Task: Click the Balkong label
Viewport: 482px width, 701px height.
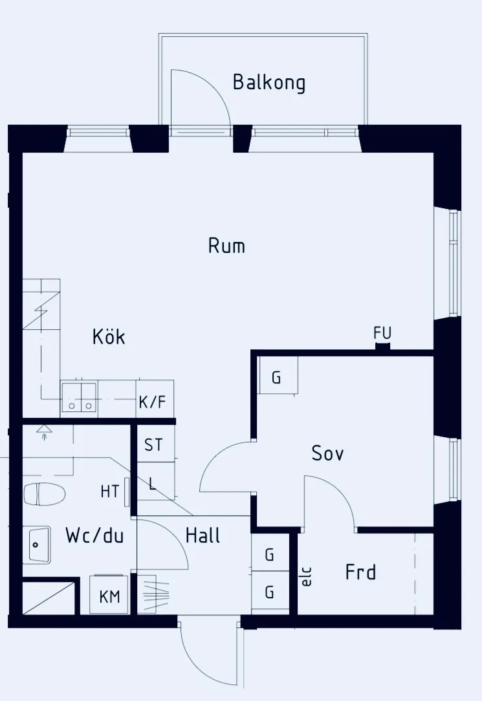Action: point(269,83)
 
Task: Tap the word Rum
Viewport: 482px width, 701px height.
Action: point(226,246)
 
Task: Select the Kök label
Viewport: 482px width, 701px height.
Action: point(109,336)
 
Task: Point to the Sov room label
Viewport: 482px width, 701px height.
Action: point(328,453)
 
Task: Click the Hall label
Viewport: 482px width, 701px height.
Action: point(203,535)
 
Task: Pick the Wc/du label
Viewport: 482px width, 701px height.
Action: point(94,535)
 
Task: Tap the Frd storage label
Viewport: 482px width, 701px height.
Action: point(360,572)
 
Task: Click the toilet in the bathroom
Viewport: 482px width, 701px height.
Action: point(44,494)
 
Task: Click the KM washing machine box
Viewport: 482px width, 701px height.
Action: point(109,595)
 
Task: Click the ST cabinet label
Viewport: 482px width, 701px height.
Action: point(153,445)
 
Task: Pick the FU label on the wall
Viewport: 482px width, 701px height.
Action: point(382,333)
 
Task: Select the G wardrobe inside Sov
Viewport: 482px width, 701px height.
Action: point(278,375)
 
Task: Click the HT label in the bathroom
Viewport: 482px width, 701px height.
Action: point(109,491)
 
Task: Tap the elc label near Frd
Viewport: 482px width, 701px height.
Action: point(307,577)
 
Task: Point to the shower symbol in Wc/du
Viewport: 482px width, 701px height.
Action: point(44,431)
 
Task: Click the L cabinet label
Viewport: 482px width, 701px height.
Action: point(153,483)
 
